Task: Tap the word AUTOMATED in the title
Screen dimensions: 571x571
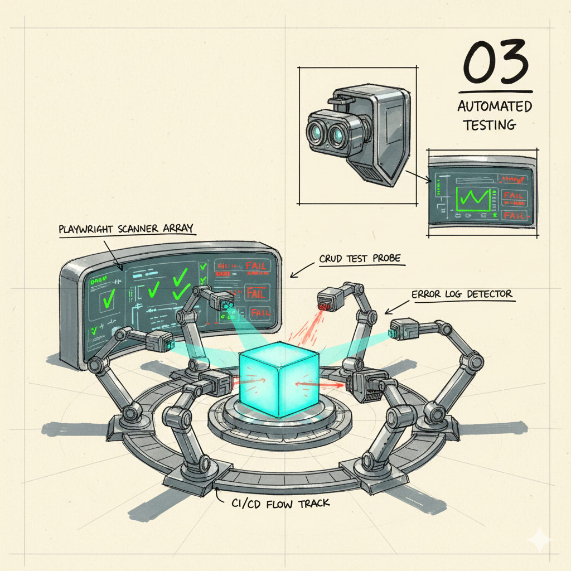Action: point(495,106)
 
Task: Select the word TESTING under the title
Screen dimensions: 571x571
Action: point(489,124)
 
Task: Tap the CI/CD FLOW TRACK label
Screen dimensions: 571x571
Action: point(280,503)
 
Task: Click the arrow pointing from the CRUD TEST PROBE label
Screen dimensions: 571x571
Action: point(301,271)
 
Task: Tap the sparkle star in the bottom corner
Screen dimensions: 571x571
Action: point(541,540)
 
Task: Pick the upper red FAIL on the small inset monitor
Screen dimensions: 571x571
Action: point(513,196)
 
